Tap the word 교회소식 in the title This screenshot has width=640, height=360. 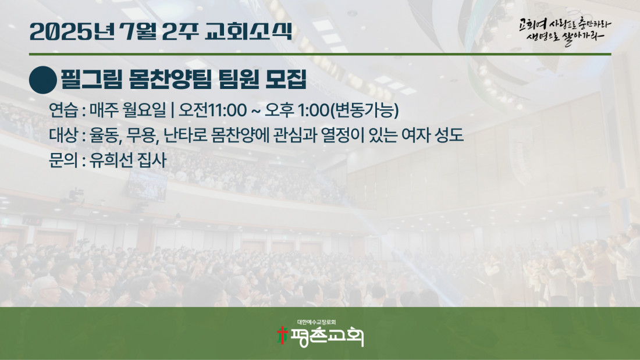click(x=248, y=31)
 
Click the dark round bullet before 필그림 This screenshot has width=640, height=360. click(x=43, y=80)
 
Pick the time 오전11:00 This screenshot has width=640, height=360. click(x=212, y=110)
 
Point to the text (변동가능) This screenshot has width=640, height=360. click(x=364, y=110)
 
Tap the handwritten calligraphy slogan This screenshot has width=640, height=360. click(x=565, y=31)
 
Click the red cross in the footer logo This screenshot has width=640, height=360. click(x=282, y=335)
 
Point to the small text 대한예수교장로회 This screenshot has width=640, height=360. click(x=317, y=322)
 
